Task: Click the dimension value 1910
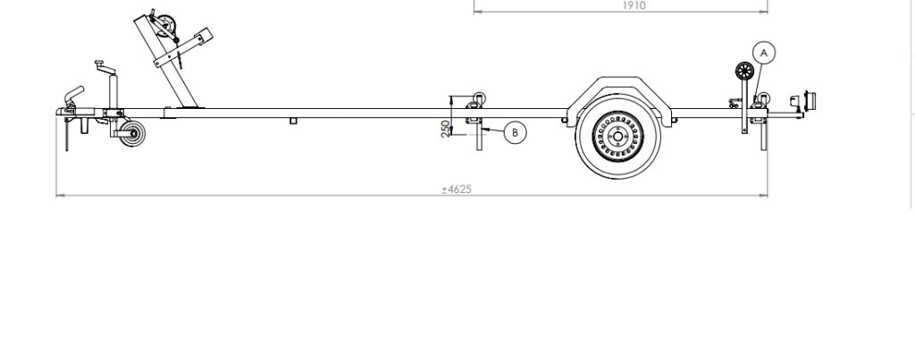click(x=634, y=5)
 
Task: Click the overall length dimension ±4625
click(x=457, y=189)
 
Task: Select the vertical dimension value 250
click(x=446, y=129)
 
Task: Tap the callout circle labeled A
click(x=764, y=53)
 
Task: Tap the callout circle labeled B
click(x=515, y=132)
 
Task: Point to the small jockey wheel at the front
click(x=132, y=134)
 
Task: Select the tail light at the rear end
click(x=808, y=101)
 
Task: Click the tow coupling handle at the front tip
click(x=75, y=95)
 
